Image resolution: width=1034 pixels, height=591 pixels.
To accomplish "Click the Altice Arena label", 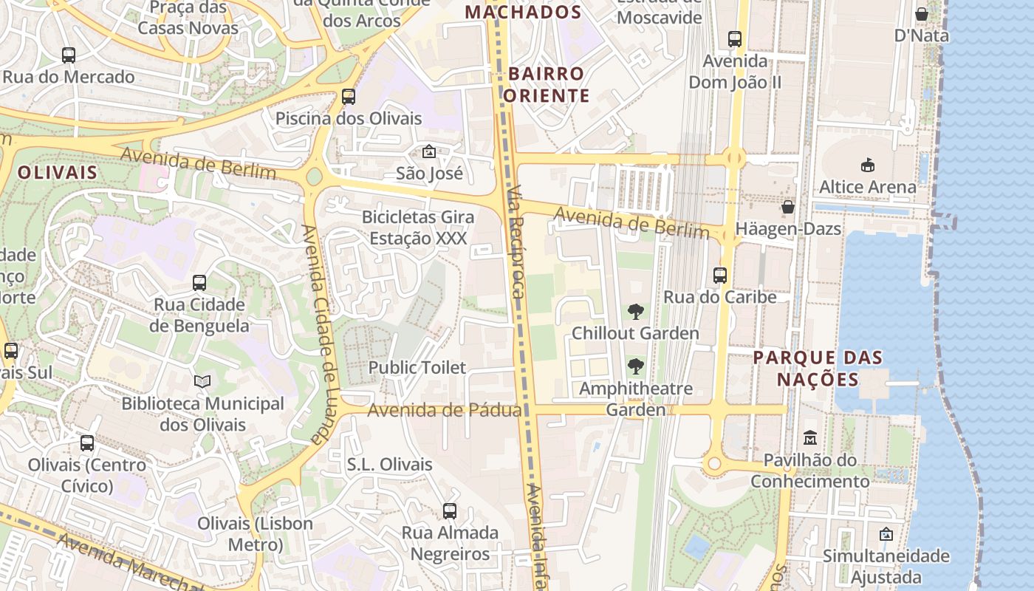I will pyautogui.click(x=867, y=187).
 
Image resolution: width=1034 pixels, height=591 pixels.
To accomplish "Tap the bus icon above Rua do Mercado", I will pyautogui.click(x=69, y=55).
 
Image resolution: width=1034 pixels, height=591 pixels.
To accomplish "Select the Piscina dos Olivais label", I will pyautogui.click(x=349, y=118).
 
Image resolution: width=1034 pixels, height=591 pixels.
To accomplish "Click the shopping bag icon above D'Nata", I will pyautogui.click(x=922, y=14).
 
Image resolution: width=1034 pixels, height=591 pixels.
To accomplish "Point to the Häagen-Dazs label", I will pyautogui.click(x=788, y=229).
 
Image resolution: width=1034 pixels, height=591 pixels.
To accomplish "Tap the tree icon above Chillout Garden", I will pyautogui.click(x=635, y=312).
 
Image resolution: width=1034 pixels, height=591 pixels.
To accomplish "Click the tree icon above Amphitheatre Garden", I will pyautogui.click(x=635, y=366).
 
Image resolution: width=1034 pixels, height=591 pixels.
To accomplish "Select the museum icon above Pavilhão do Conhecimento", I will pyautogui.click(x=810, y=437).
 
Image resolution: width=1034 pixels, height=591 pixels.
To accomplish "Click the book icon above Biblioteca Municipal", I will pyautogui.click(x=202, y=381).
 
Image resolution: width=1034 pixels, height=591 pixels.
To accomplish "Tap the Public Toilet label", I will pyautogui.click(x=417, y=367).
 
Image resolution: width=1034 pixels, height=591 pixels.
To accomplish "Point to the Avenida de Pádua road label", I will pyautogui.click(x=445, y=410).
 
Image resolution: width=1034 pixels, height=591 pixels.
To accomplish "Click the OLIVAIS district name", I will pyautogui.click(x=58, y=173).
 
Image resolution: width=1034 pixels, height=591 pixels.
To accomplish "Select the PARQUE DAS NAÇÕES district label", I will pyautogui.click(x=818, y=369).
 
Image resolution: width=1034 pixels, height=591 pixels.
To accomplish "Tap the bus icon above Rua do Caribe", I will pyautogui.click(x=720, y=276).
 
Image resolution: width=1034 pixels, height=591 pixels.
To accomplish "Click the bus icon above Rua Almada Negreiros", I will pyautogui.click(x=449, y=510).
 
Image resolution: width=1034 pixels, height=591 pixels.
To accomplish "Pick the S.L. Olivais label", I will pyautogui.click(x=389, y=465).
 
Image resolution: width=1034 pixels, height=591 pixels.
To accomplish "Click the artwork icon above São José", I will pyautogui.click(x=428, y=151).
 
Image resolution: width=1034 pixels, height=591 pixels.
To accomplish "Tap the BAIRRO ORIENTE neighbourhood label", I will pyautogui.click(x=547, y=84).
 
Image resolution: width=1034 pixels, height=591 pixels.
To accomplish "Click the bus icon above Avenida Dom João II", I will pyautogui.click(x=734, y=38).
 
